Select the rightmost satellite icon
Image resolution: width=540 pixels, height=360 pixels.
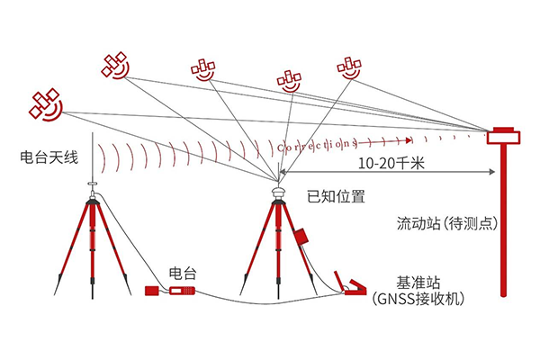[x=349, y=67]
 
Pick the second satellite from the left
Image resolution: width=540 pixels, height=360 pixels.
[x=115, y=64]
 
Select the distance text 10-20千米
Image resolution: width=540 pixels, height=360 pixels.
[x=391, y=165]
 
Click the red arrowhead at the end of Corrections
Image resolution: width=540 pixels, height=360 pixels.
[x=409, y=140]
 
